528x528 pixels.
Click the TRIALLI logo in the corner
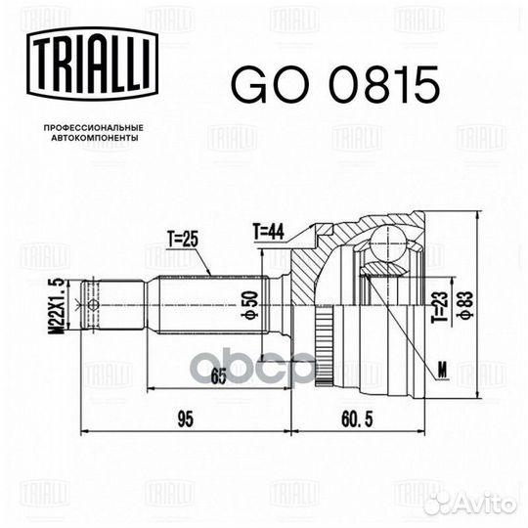(x=88, y=68)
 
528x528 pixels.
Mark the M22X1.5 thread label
(x=61, y=305)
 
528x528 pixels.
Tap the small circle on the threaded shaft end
(x=93, y=305)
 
